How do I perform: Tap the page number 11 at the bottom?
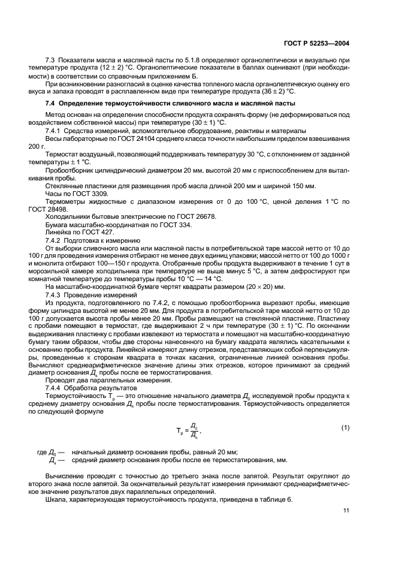click(x=346, y=510)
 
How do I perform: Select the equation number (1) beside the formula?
click(x=345, y=427)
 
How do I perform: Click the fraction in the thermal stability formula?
click(x=193, y=430)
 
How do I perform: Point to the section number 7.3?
click(x=51, y=61)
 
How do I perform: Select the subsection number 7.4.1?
click(x=56, y=131)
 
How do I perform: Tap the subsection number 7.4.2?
click(x=56, y=240)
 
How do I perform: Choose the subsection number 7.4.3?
click(x=56, y=295)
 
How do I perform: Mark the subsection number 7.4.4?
click(x=56, y=388)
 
